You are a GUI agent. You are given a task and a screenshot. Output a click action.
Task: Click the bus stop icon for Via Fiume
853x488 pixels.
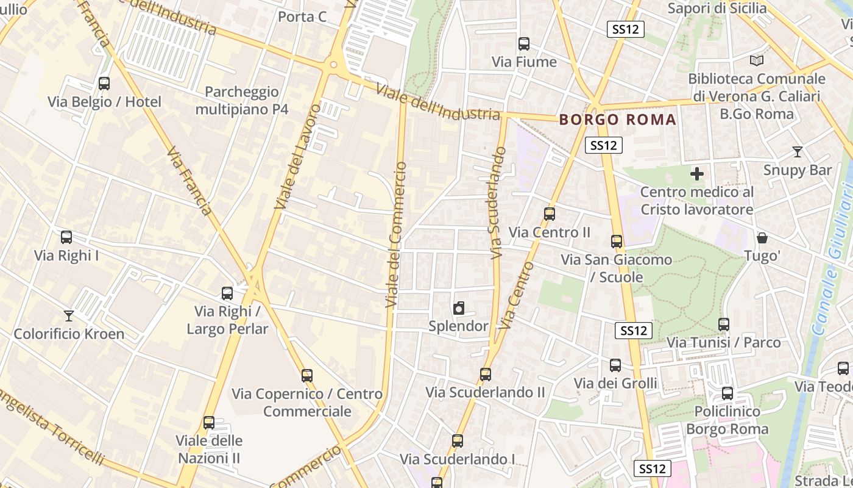point(523,44)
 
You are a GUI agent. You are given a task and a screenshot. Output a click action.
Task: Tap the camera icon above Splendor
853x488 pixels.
point(459,309)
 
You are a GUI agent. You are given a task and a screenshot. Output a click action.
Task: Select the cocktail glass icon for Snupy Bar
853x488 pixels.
point(797,152)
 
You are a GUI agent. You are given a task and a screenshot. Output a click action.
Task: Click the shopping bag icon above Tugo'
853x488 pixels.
point(762,238)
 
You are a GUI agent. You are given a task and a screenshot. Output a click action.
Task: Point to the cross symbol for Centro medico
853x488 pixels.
point(697,174)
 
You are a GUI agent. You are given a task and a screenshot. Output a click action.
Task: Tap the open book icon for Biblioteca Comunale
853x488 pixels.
point(756,61)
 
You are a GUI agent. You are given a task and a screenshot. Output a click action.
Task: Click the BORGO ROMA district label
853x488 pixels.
point(618,120)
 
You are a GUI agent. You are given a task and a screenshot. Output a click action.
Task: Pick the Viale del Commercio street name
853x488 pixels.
point(395,234)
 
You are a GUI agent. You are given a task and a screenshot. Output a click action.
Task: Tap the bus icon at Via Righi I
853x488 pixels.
point(66,237)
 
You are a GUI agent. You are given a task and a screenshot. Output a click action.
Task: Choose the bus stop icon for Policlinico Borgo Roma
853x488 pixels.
point(727,393)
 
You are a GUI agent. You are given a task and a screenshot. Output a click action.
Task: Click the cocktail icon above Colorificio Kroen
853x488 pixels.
point(69,316)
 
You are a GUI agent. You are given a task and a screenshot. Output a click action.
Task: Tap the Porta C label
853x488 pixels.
point(302,16)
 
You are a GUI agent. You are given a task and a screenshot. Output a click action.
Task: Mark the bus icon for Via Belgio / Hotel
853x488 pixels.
point(104,84)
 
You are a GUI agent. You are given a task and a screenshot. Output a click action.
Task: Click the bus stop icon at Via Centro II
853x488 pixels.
point(550,214)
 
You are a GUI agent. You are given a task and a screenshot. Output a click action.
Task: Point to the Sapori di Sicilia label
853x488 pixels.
point(717,8)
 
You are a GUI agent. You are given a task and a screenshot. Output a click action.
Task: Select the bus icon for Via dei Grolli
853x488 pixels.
point(615,365)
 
